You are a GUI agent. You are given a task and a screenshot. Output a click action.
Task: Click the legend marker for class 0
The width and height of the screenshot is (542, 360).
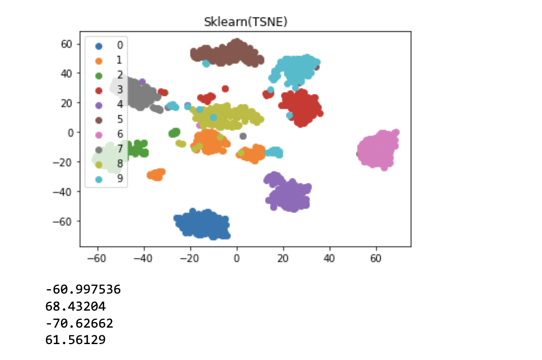99,44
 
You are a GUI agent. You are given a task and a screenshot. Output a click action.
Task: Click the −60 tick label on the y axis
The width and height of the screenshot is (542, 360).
66,221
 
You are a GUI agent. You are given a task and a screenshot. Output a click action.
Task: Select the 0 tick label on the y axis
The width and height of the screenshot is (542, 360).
71,132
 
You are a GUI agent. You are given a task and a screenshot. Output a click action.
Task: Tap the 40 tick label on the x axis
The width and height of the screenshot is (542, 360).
329,256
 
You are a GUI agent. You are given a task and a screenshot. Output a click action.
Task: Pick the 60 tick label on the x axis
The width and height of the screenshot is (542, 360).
376,256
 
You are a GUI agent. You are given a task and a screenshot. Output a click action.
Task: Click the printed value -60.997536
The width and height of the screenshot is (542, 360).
83,289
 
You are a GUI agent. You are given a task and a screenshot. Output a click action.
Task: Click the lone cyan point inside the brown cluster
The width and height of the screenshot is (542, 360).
206,64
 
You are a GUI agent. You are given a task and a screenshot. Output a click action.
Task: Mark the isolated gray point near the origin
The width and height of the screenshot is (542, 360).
243,136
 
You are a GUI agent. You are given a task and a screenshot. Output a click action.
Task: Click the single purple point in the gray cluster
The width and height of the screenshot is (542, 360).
142,82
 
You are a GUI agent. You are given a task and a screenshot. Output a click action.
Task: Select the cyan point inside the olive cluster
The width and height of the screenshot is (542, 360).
213,117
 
